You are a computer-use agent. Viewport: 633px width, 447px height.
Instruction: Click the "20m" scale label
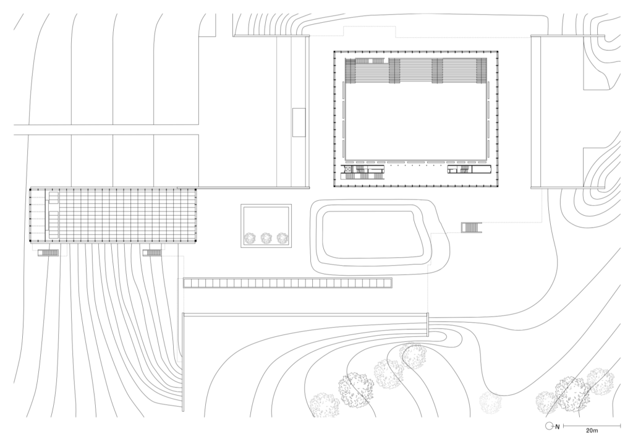[x=592, y=431]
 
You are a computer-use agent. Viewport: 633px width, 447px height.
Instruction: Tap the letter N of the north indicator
[x=558, y=426]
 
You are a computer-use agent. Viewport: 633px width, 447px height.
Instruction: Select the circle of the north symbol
[x=548, y=425]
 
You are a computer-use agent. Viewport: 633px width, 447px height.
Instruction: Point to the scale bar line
[x=592, y=425]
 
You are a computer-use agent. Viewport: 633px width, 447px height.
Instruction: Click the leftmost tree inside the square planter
[x=250, y=238]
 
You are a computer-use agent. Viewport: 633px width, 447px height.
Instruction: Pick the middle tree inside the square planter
[x=266, y=238]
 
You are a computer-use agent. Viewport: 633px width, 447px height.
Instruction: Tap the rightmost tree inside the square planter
[x=282, y=238]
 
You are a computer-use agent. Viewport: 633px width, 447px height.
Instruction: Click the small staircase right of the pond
[x=472, y=228]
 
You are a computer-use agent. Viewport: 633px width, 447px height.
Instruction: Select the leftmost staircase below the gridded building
[x=48, y=253]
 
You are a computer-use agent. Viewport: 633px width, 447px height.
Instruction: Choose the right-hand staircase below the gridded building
[x=152, y=253]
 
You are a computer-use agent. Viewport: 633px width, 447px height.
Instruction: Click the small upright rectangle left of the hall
[x=299, y=122]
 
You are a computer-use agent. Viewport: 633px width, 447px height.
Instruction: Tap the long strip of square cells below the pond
[x=288, y=283]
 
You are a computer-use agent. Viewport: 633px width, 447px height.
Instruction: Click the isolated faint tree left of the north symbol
[x=490, y=402]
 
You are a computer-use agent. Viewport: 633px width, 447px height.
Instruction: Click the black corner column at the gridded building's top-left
[x=32, y=188]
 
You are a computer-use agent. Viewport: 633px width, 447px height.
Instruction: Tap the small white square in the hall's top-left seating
[x=370, y=61]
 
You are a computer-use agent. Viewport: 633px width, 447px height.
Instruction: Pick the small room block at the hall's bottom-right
[x=469, y=169]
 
